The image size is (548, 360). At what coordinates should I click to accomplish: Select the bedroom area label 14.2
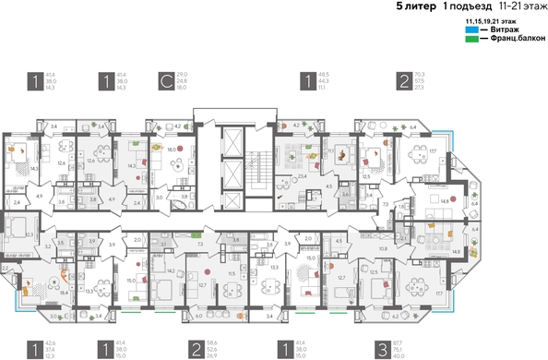[172, 270]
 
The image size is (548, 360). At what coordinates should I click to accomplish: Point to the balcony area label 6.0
[200, 315]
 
